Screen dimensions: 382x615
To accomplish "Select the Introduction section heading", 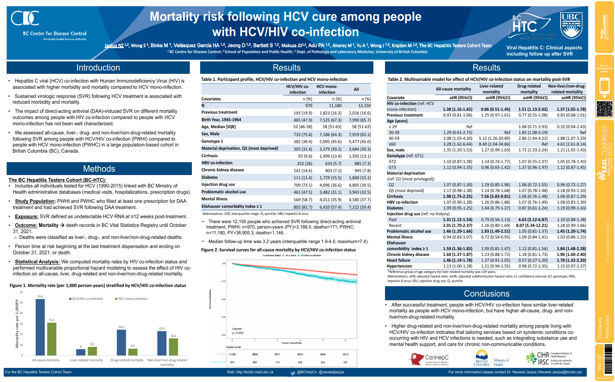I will coord(98,68).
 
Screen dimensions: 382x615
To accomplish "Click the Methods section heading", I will coord(99,169).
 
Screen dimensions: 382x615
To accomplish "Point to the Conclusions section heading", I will coord(487,294).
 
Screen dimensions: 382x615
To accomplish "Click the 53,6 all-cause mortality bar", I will coord(40,327).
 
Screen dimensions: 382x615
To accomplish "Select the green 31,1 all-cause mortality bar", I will coord(51,338).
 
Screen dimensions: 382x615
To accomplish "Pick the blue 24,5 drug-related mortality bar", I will coord(121,342).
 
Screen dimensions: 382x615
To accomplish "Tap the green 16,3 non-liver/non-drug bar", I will coord(173,347).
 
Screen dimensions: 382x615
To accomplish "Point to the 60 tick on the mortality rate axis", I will coord(21,292).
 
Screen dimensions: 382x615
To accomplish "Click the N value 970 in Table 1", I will coord(308,105).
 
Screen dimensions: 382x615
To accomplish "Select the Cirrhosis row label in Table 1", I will coord(210,156).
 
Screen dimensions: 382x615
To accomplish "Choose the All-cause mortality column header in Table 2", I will coord(453,89).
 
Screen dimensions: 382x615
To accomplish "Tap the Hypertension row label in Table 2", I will coord(399,266).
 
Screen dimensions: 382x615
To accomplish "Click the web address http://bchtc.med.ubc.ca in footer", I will coord(250,372).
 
